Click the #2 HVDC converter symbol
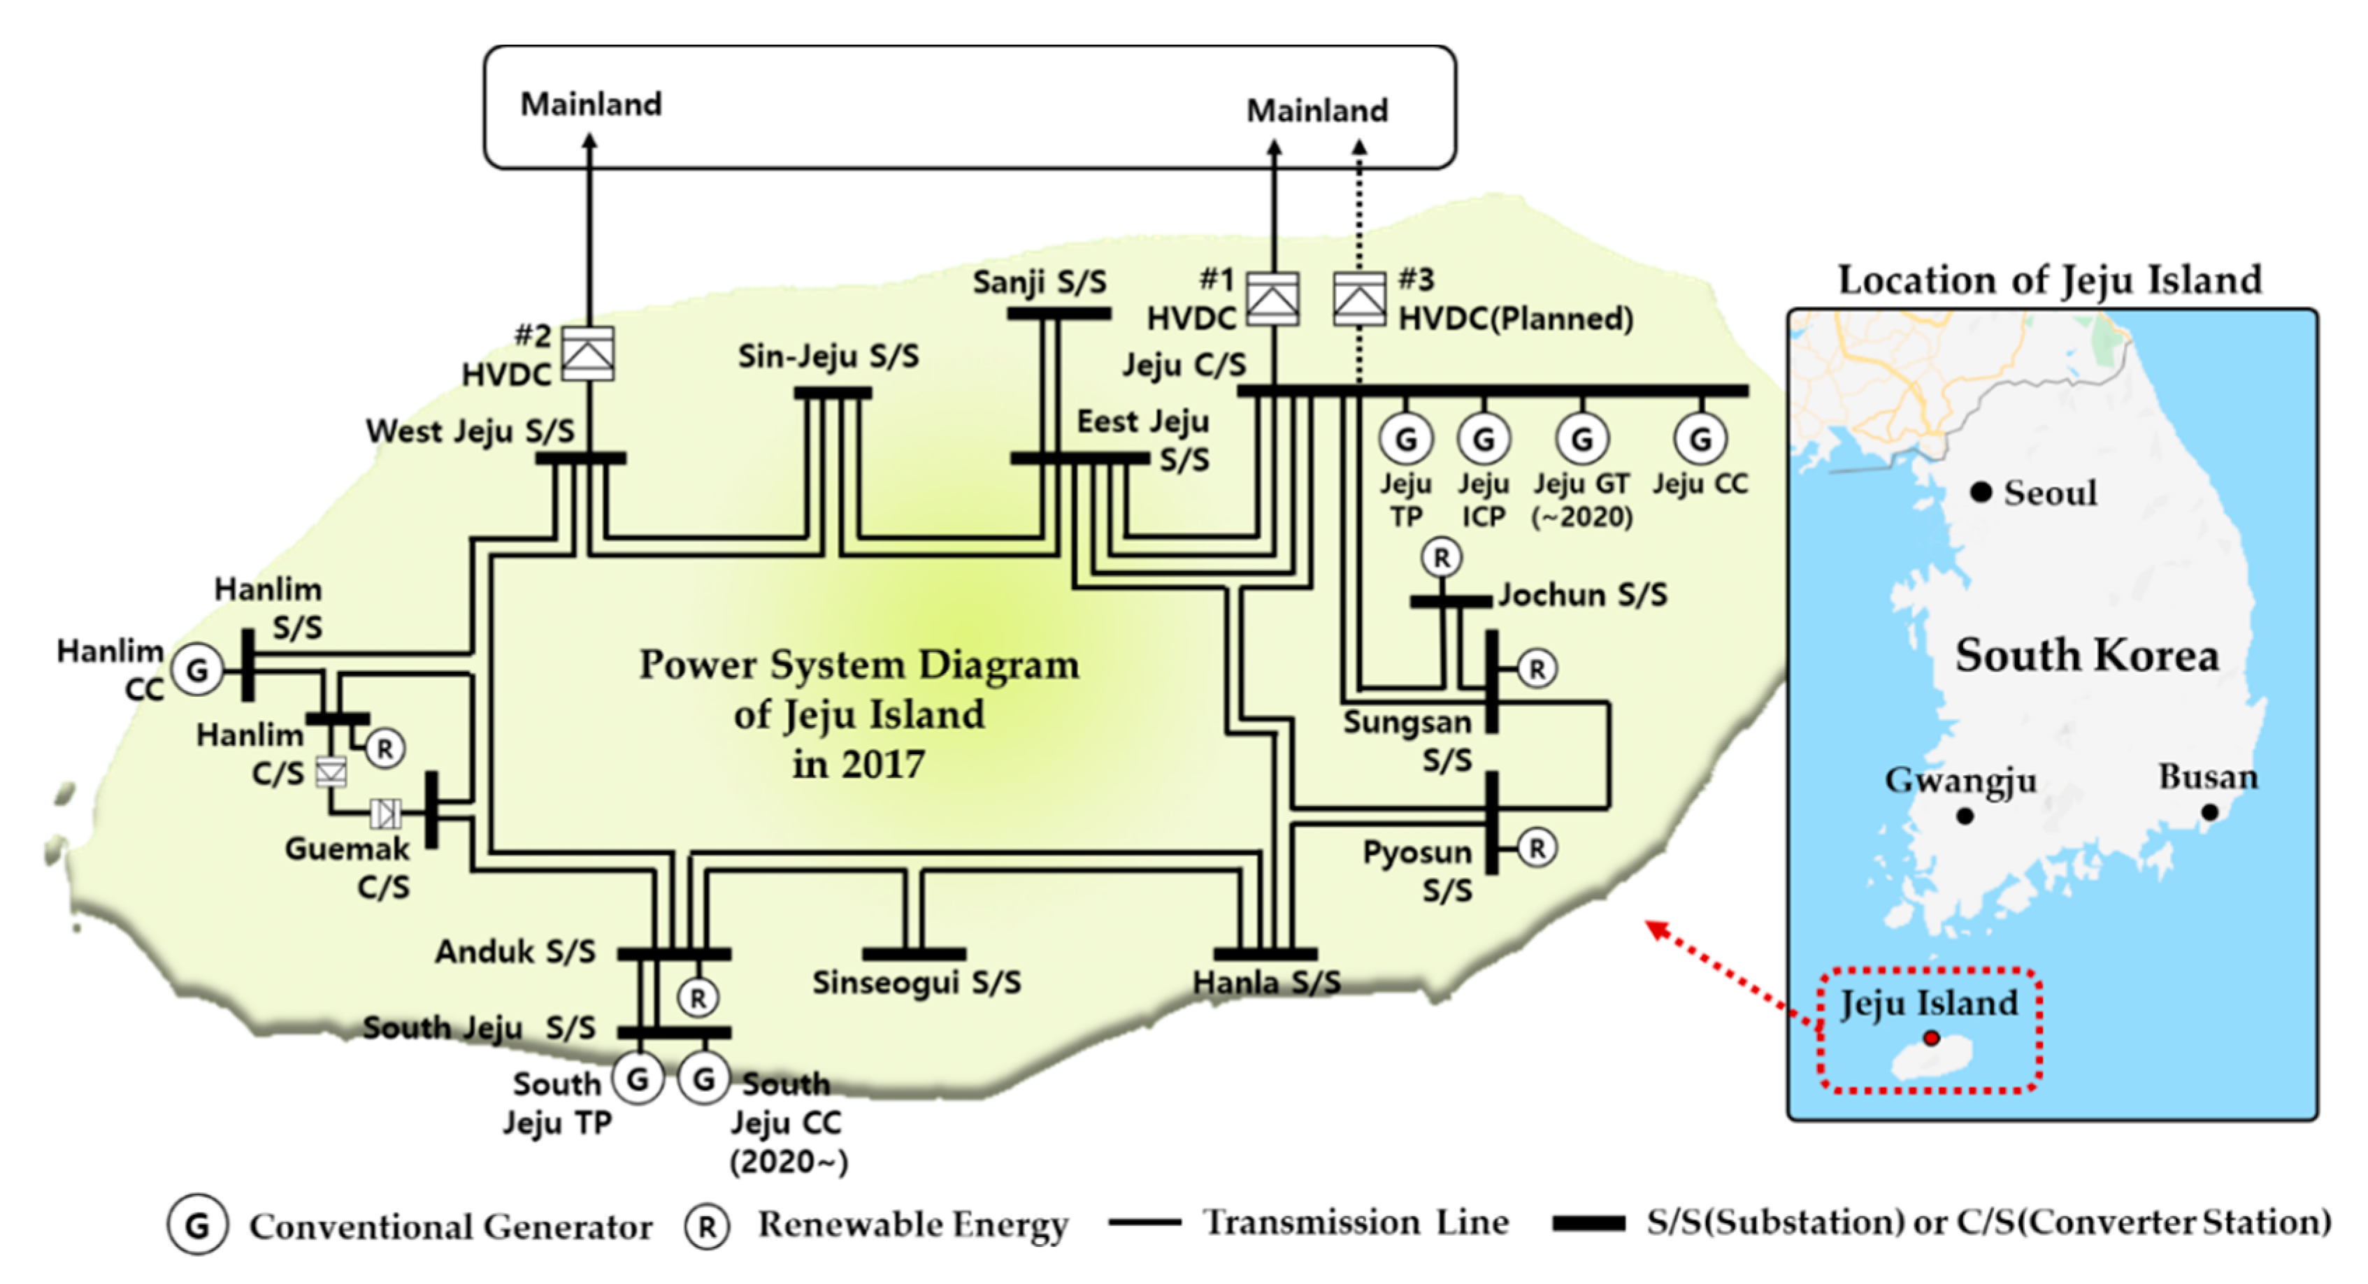[x=587, y=354]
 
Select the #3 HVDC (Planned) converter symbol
[x=1360, y=298]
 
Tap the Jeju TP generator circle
[x=1405, y=440]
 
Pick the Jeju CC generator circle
[x=1700, y=440]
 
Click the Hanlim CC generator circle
[x=198, y=670]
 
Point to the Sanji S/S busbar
[x=1058, y=313]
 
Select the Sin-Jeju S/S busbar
[x=832, y=394]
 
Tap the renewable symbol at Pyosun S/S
[x=1536, y=847]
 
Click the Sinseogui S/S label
[x=916, y=983]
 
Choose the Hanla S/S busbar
[x=1265, y=954]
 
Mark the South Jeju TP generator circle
[x=637, y=1079]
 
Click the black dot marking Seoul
[x=1981, y=493]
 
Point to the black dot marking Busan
[x=2210, y=812]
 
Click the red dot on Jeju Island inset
[x=1930, y=1038]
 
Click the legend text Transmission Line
[x=1356, y=1222]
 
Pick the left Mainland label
[x=590, y=104]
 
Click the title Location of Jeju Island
[x=2049, y=280]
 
